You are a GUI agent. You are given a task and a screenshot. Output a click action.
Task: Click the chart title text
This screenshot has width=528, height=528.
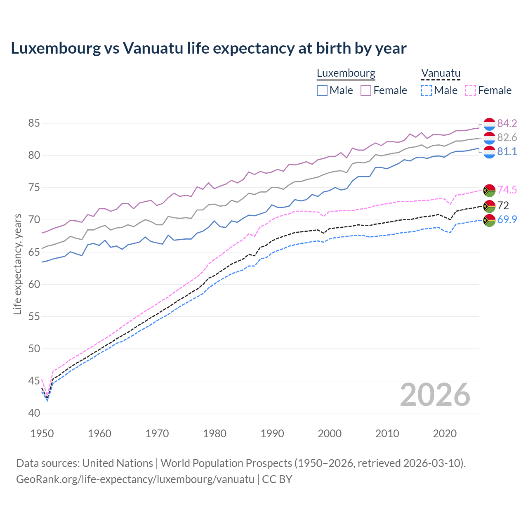click(209, 48)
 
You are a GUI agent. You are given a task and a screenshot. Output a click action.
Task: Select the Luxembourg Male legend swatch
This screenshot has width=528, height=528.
click(322, 90)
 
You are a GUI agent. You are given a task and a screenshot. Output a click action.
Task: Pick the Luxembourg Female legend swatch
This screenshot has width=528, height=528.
click(366, 90)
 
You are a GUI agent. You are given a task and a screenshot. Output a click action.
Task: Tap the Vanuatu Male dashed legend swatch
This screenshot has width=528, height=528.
click(427, 90)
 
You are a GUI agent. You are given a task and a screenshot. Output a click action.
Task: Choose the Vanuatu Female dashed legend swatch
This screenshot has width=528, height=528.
click(471, 90)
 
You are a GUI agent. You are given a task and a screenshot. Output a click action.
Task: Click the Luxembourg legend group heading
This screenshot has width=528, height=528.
click(346, 73)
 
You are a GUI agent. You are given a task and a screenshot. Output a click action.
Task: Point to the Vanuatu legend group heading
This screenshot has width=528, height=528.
click(441, 73)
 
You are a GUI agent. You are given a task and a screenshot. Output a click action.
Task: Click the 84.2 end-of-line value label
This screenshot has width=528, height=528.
click(507, 123)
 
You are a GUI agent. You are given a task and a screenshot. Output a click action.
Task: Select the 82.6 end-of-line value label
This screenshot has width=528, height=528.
click(507, 137)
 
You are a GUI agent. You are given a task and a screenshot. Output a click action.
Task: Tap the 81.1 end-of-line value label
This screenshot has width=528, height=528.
click(507, 151)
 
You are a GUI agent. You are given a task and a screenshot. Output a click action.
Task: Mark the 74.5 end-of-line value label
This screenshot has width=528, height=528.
click(507, 190)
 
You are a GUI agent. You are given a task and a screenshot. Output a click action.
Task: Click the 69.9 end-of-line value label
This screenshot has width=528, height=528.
click(507, 219)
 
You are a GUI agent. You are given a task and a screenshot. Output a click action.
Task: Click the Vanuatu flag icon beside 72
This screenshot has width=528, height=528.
click(489, 206)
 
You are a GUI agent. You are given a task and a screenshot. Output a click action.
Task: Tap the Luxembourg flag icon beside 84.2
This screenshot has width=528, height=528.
click(489, 124)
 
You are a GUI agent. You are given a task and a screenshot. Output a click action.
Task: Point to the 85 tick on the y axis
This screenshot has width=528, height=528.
click(34, 123)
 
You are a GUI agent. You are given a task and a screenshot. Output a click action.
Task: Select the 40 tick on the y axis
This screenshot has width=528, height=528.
click(34, 413)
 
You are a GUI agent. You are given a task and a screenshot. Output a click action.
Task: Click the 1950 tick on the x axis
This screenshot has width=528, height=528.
click(42, 434)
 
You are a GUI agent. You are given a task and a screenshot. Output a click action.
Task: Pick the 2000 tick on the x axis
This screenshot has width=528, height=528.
click(330, 434)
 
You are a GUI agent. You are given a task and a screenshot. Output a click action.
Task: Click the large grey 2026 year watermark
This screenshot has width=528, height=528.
click(435, 395)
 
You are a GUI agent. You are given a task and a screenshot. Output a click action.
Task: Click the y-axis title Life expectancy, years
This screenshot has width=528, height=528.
click(17, 264)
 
